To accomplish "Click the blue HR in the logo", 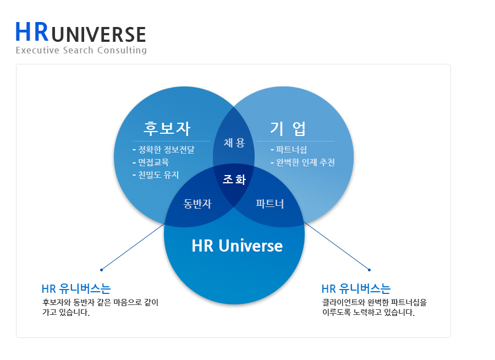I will point(31,32).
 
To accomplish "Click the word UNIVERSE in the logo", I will point(98,35).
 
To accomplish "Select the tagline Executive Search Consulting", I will point(81,51).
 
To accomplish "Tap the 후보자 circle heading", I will point(167,128).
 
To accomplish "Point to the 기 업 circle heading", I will point(288,128).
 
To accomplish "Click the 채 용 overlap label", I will point(234,143).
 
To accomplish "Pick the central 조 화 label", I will point(234,179).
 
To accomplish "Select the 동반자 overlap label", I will point(197,204).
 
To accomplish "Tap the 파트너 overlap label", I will point(270,204).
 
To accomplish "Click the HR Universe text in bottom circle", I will point(237,246).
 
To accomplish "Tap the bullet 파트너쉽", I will point(291,150).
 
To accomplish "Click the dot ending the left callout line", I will point(102,270).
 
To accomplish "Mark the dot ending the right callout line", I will point(369,270).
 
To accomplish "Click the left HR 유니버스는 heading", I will point(76,289).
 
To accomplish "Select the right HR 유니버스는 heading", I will point(356,289).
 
